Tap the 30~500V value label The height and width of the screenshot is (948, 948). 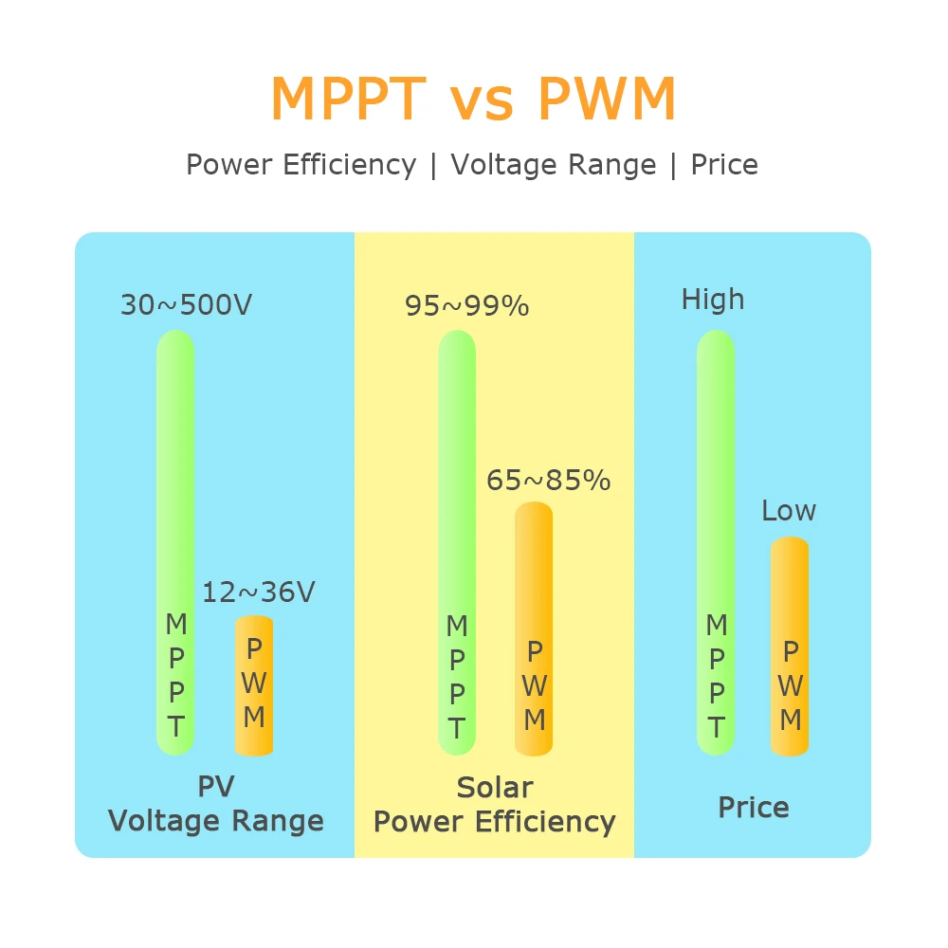[x=187, y=306]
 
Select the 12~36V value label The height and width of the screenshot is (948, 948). [x=258, y=592]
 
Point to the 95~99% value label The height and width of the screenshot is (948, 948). [x=467, y=306]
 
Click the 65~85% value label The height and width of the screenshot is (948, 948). [x=548, y=481]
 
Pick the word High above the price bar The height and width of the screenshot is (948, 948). [x=713, y=301]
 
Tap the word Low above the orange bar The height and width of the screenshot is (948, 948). [x=789, y=511]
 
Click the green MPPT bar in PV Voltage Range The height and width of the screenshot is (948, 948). [x=175, y=474]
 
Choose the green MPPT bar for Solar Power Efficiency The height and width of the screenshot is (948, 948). [x=457, y=474]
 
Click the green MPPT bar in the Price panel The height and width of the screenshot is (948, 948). [x=716, y=474]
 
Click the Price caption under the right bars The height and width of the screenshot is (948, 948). [x=754, y=808]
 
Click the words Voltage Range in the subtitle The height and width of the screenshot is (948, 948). [x=554, y=165]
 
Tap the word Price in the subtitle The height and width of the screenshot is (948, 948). [x=724, y=165]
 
